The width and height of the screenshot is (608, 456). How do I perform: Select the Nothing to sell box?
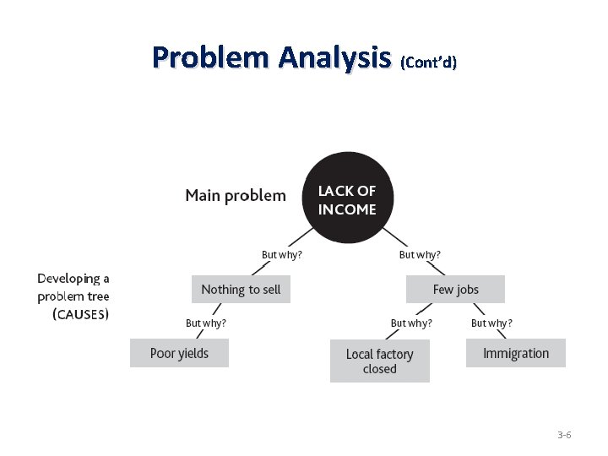click(x=241, y=290)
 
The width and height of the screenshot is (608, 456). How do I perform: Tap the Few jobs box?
click(x=456, y=290)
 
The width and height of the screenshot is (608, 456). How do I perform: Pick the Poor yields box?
click(x=179, y=353)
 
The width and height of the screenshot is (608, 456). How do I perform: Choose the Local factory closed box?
click(x=379, y=361)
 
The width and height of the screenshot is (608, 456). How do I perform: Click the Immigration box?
click(x=515, y=353)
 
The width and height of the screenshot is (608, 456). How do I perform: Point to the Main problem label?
click(x=236, y=196)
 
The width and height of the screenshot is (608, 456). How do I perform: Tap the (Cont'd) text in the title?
click(x=428, y=62)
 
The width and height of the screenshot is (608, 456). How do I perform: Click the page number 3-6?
click(x=564, y=435)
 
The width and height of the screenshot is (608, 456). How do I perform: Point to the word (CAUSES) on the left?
click(x=80, y=314)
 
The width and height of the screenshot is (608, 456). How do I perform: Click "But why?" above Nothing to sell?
click(x=282, y=254)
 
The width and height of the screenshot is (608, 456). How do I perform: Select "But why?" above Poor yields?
click(x=206, y=323)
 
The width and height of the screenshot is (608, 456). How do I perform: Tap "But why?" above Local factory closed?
click(x=411, y=323)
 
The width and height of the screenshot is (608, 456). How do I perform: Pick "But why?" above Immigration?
click(x=491, y=323)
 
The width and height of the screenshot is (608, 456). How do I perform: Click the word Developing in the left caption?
click(x=73, y=279)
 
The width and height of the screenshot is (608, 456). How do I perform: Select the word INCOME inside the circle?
click(x=347, y=209)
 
